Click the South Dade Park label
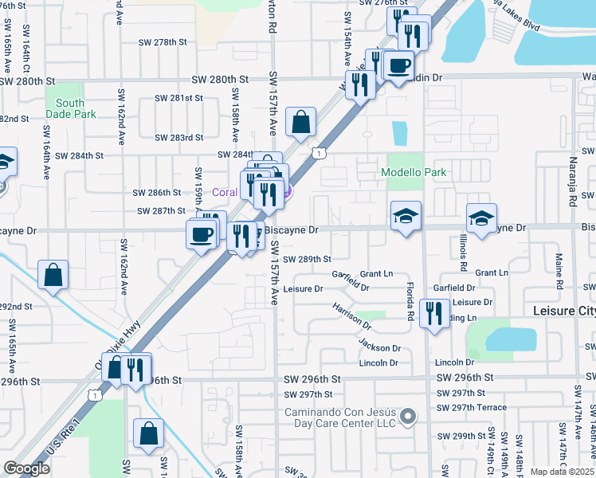(x=70, y=108)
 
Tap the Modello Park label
(x=414, y=172)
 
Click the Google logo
(x=25, y=468)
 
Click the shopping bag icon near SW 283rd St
(x=301, y=123)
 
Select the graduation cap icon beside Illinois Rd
(x=482, y=218)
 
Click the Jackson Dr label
(x=379, y=347)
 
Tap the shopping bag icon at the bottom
(x=148, y=434)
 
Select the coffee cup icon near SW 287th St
(x=201, y=233)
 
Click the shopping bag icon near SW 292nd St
(x=53, y=276)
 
